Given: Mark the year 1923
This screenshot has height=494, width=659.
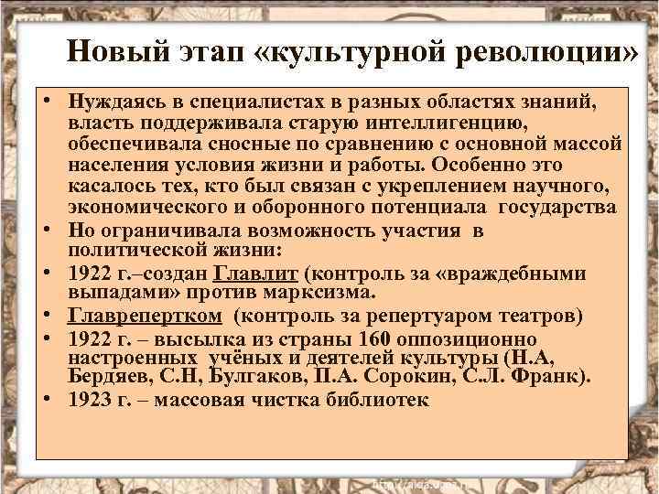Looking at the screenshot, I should click(89, 400).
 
